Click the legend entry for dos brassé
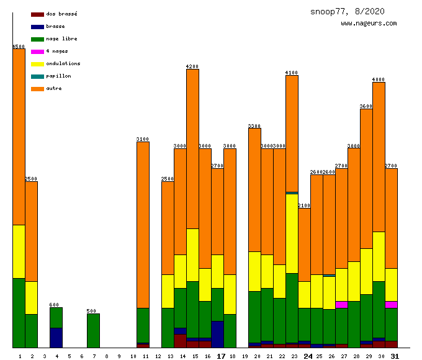coord(61,14)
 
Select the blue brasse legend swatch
coord(37,27)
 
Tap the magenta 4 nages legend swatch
coord(37,52)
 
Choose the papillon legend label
coord(58,76)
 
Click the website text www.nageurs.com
coord(369,24)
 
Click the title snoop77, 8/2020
coord(348,11)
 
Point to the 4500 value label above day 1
coord(19,47)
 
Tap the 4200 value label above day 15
coord(192,66)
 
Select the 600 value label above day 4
coord(56,305)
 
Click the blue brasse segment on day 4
coord(56,338)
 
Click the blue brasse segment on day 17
coord(217,334)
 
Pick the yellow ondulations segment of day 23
coord(292,233)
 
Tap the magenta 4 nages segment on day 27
coord(341,304)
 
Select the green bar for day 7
coord(93,330)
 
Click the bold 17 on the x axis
coord(221,356)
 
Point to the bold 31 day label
coord(395,356)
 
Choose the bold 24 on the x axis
coord(308,356)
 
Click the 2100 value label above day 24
coord(304,205)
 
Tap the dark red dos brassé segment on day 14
coord(180,341)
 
